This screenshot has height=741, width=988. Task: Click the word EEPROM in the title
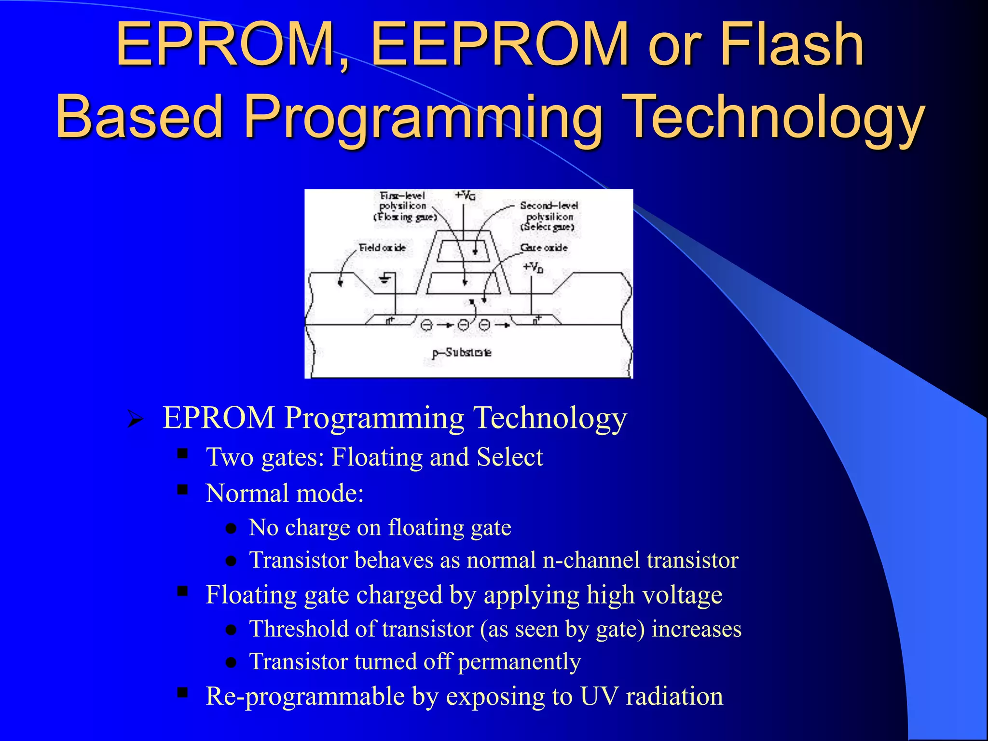(x=500, y=44)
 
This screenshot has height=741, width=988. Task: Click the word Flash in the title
(x=791, y=44)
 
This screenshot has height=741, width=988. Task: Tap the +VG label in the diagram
(x=465, y=195)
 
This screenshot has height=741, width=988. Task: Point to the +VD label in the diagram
(x=533, y=267)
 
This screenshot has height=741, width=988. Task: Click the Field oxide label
(x=382, y=247)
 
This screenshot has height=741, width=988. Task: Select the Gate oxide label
(x=544, y=247)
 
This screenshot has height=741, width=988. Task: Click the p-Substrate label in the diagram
(x=462, y=353)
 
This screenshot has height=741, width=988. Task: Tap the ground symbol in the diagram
(x=384, y=278)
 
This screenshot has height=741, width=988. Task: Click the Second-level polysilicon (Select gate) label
(x=549, y=216)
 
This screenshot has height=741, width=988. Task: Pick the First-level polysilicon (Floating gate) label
(x=404, y=206)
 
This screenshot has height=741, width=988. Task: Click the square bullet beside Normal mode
(x=182, y=490)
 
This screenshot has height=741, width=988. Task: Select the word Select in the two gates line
(x=509, y=457)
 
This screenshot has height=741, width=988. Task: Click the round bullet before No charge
(x=231, y=529)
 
